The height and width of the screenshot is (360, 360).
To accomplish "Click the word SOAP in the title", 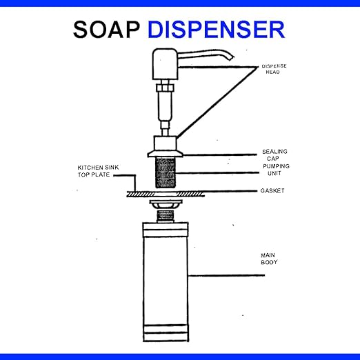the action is click(x=106, y=30).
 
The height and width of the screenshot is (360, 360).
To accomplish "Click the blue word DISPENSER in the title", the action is click(x=217, y=30).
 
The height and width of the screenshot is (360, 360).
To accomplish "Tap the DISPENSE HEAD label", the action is click(x=274, y=69).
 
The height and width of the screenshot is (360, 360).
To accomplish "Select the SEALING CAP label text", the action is click(x=274, y=155).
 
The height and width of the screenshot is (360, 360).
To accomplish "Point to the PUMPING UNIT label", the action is click(x=276, y=170).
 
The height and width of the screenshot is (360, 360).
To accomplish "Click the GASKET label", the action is click(x=272, y=190).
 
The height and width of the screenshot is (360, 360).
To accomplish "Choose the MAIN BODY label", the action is click(x=269, y=259).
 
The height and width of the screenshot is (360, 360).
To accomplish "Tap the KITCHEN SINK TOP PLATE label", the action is click(x=98, y=171).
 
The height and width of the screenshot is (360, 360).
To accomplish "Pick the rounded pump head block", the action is click(x=165, y=64).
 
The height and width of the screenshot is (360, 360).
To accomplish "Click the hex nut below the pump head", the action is click(x=165, y=88).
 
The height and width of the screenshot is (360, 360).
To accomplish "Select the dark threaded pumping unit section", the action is click(x=166, y=172).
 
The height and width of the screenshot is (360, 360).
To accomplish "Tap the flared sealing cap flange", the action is click(x=165, y=154).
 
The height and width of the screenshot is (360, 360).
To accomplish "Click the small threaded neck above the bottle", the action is click(x=165, y=216).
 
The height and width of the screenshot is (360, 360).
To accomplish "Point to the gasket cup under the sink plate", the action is click(x=166, y=204).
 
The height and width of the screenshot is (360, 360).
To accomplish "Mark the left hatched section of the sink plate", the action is click(x=141, y=194).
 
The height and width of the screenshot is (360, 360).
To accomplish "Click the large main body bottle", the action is click(x=166, y=282).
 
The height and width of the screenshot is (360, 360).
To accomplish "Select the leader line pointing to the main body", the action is click(x=227, y=275).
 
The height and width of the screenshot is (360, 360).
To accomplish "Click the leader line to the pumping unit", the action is click(x=217, y=172).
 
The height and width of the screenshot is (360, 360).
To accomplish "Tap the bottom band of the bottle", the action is click(x=166, y=337).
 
